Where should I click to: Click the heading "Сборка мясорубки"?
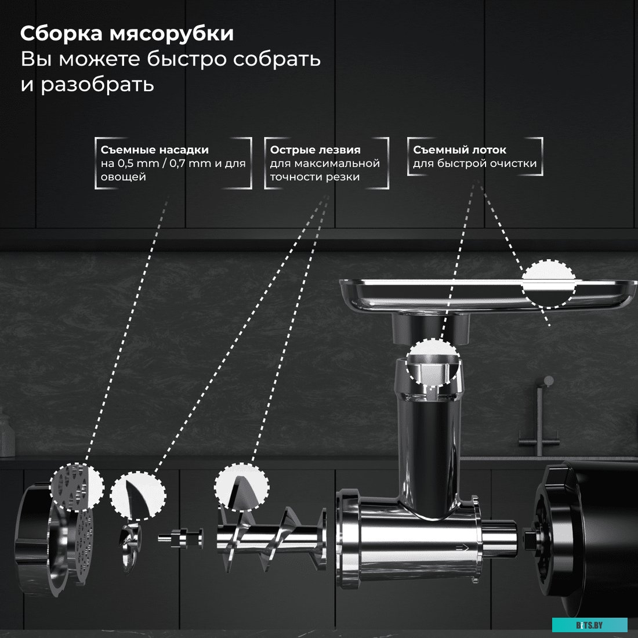click(x=127, y=34)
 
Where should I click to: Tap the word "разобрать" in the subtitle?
click(x=97, y=84)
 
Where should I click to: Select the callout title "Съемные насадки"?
click(x=154, y=150)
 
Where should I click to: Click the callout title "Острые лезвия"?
click(x=315, y=150)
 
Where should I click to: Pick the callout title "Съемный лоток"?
click(x=459, y=150)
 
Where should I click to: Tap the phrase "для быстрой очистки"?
click(x=474, y=164)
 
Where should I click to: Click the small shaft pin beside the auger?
click(x=180, y=538)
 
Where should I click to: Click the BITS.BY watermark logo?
click(x=589, y=625)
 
